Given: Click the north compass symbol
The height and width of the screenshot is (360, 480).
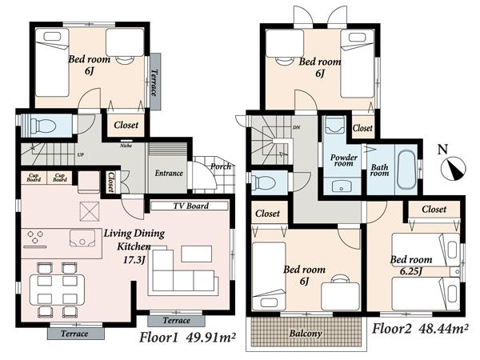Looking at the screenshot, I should (x=454, y=168).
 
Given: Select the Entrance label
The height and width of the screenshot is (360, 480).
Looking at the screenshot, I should (x=169, y=173).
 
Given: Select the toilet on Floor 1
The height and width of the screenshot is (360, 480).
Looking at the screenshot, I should (x=44, y=125).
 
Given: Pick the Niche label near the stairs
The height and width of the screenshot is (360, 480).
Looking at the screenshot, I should (x=126, y=146).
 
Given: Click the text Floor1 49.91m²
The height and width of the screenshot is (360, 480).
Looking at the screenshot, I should (x=187, y=338).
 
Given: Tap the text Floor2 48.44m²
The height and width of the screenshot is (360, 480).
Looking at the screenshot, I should (x=421, y=329).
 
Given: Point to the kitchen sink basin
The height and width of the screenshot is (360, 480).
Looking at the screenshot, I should (x=82, y=238).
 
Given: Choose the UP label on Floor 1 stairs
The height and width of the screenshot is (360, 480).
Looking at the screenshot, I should (x=80, y=154).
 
